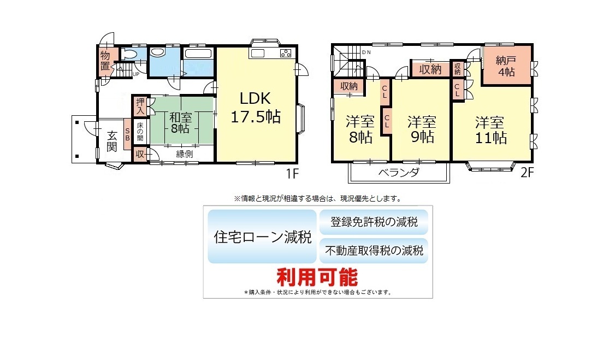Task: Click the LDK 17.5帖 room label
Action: [x=256, y=108]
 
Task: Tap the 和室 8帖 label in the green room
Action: [x=180, y=123]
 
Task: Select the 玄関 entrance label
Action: [x=112, y=141]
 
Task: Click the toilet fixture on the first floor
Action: [x=129, y=54]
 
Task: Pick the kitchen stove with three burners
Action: [x=286, y=53]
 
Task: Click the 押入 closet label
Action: [x=140, y=106]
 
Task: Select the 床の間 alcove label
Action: [x=140, y=132]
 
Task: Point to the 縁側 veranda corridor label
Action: [x=184, y=154]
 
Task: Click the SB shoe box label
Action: [x=127, y=134]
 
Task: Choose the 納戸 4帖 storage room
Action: [x=507, y=66]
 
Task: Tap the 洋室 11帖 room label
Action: [x=490, y=130]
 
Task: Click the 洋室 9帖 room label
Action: [x=422, y=129]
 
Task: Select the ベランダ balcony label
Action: [x=399, y=172]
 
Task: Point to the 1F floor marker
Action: [x=292, y=174]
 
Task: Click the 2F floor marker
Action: [x=527, y=172]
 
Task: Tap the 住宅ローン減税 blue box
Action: [x=262, y=237]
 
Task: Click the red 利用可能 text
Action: [x=317, y=277]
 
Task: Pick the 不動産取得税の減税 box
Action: [x=374, y=251]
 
